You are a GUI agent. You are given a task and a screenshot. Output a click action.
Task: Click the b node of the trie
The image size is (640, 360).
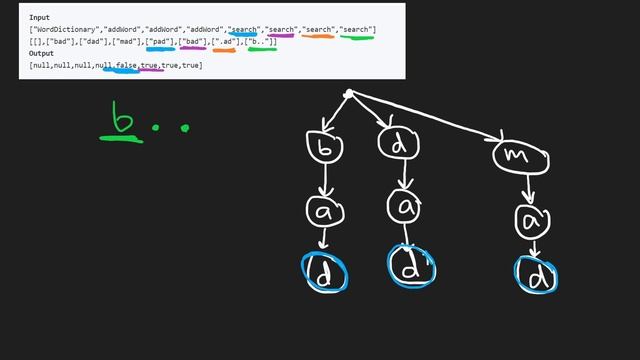coord(325,147)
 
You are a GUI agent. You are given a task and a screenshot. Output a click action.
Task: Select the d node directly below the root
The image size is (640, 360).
coord(399,144)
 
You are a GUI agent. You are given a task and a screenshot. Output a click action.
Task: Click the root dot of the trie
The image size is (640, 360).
coord(348,95)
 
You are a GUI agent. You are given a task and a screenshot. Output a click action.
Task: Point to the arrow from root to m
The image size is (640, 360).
coord(440,123)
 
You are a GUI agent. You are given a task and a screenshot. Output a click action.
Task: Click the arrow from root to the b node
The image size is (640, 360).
coord(333,113)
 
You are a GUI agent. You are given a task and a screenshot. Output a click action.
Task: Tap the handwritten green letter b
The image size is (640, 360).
coord(124,121)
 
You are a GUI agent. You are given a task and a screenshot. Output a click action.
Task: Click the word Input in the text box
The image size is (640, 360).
coord(40,17)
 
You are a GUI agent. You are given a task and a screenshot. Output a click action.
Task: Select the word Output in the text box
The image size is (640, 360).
coord(42,54)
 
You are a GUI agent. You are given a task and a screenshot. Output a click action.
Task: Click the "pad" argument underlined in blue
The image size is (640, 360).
coord(160,42)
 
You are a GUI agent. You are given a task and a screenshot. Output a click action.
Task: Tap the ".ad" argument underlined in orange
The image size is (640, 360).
coord(225,42)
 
